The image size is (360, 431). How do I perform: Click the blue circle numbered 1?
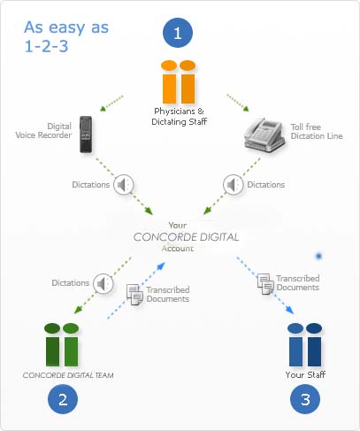click(178, 33)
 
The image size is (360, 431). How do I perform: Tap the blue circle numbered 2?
click(63, 399)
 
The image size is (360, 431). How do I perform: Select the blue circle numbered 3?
click(305, 399)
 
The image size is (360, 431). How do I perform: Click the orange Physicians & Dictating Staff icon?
click(179, 81)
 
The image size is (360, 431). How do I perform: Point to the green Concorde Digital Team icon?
click(62, 344)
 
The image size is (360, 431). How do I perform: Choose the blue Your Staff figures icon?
click(304, 344)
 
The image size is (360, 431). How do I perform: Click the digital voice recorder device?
click(86, 135)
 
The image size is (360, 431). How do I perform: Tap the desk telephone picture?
click(264, 135)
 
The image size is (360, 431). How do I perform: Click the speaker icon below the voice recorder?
click(124, 185)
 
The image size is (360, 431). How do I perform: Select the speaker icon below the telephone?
click(233, 185)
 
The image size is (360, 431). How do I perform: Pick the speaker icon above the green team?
click(103, 283)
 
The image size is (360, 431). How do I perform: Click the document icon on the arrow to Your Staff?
click(265, 284)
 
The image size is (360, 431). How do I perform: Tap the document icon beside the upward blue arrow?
click(134, 295)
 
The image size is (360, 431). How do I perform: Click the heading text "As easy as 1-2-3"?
click(66, 36)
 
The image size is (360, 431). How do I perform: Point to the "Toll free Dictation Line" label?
click(317, 132)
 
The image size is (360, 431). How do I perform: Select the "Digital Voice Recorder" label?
click(43, 131)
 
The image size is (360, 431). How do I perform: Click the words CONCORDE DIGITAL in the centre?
click(186, 237)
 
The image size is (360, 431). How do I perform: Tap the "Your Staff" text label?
click(305, 374)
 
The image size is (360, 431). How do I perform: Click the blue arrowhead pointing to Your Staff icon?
click(290, 310)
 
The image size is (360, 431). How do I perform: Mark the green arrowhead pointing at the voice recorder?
click(103, 109)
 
